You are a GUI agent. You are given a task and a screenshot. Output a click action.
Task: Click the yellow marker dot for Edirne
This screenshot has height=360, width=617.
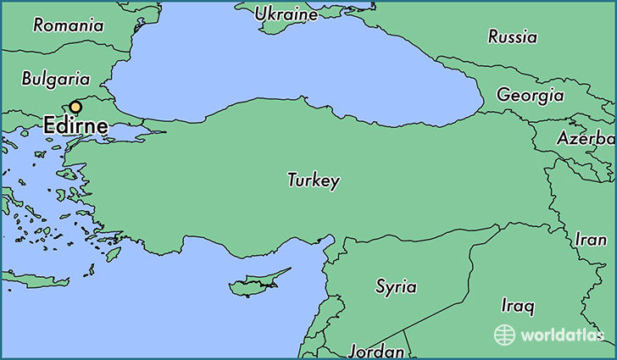[75, 107]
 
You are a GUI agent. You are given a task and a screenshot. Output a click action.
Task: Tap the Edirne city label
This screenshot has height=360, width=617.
[75, 127]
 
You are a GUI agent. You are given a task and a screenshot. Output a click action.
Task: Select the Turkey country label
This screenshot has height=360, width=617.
[314, 180]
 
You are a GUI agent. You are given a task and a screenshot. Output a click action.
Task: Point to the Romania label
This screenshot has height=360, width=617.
[69, 25]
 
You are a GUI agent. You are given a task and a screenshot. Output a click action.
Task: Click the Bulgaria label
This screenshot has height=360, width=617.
[55, 79]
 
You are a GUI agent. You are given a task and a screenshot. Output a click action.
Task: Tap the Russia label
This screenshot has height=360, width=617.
[512, 36]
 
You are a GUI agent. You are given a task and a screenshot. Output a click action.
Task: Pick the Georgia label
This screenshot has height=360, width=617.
[530, 94]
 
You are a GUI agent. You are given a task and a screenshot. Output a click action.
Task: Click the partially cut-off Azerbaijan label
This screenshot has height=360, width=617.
[585, 138]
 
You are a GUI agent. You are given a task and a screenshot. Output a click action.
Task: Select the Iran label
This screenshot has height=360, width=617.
[590, 239]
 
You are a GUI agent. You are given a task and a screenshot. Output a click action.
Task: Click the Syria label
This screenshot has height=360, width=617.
[396, 286]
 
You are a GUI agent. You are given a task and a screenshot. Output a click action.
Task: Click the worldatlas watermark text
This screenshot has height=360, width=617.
[561, 335]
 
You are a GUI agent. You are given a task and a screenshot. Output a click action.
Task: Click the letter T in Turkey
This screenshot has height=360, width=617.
[292, 180]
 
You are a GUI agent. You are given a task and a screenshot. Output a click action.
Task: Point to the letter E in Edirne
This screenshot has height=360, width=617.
[49, 127]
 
